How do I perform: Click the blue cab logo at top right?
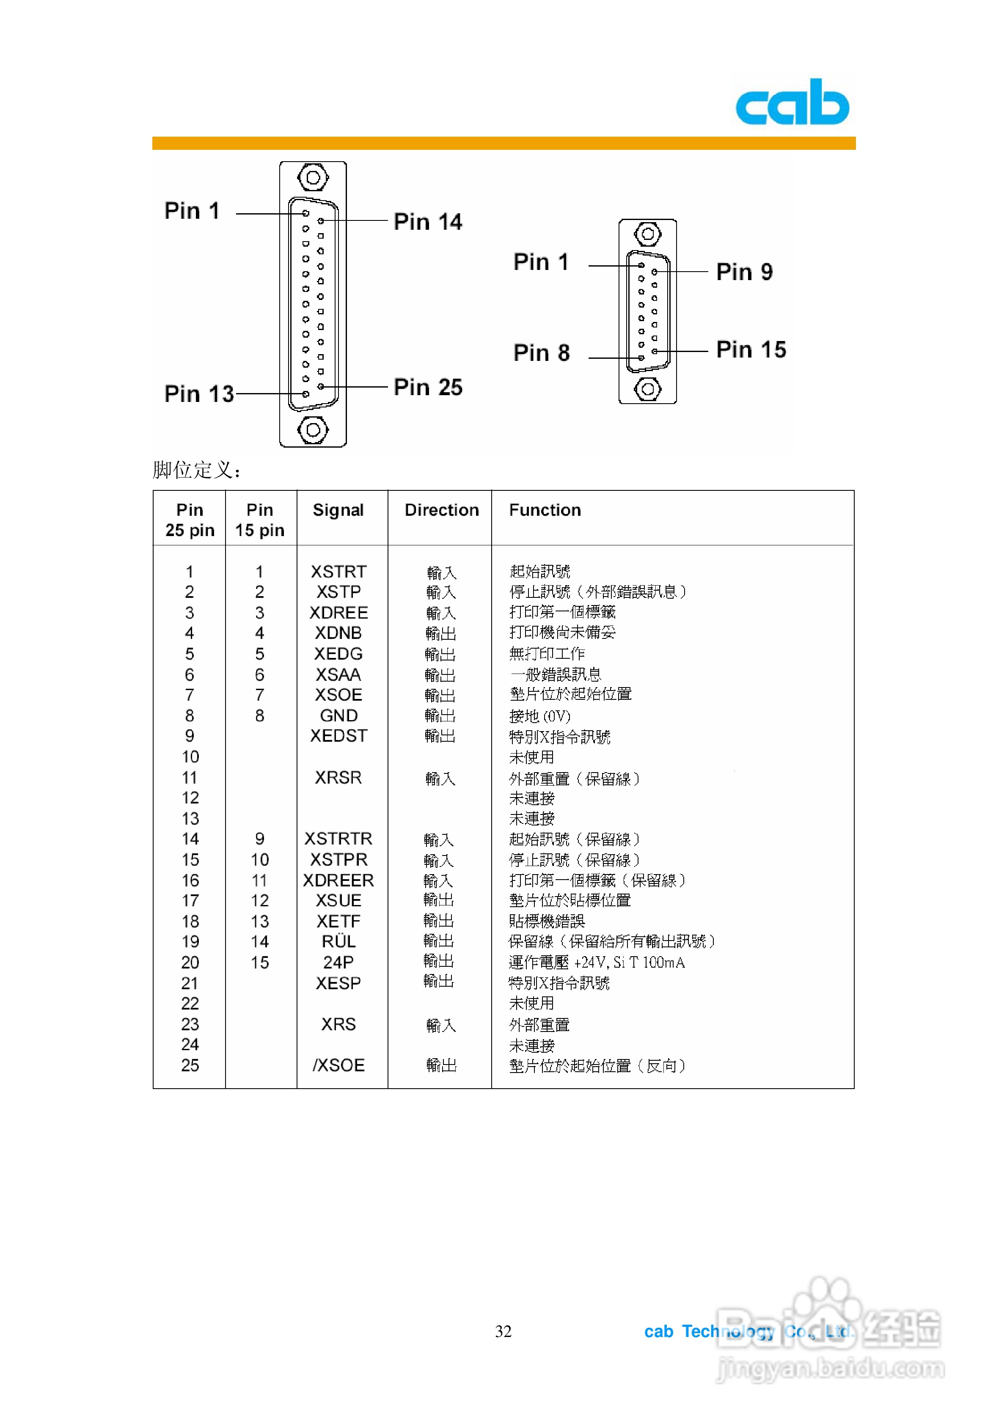[x=792, y=102]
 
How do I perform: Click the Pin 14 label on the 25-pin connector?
[x=428, y=222]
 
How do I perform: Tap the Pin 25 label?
[x=428, y=387]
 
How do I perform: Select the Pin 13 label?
[x=199, y=393]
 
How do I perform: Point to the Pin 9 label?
[x=744, y=272]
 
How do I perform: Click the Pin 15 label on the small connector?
[x=751, y=350]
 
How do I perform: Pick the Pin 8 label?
[x=542, y=353]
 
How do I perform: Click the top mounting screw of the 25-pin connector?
[x=313, y=178]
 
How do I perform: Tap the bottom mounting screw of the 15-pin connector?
[x=647, y=389]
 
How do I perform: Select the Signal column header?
[x=338, y=510]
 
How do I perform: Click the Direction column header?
[x=441, y=510]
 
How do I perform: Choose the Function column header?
[x=545, y=510]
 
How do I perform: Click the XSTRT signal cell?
[x=338, y=572]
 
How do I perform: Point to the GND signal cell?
[x=338, y=715]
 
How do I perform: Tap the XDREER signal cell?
[x=338, y=880]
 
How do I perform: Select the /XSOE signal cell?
[x=338, y=1065]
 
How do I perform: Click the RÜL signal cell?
[x=338, y=941]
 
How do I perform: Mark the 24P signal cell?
[x=338, y=962]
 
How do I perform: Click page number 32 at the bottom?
[x=503, y=1331]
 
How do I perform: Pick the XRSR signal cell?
[x=338, y=778]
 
